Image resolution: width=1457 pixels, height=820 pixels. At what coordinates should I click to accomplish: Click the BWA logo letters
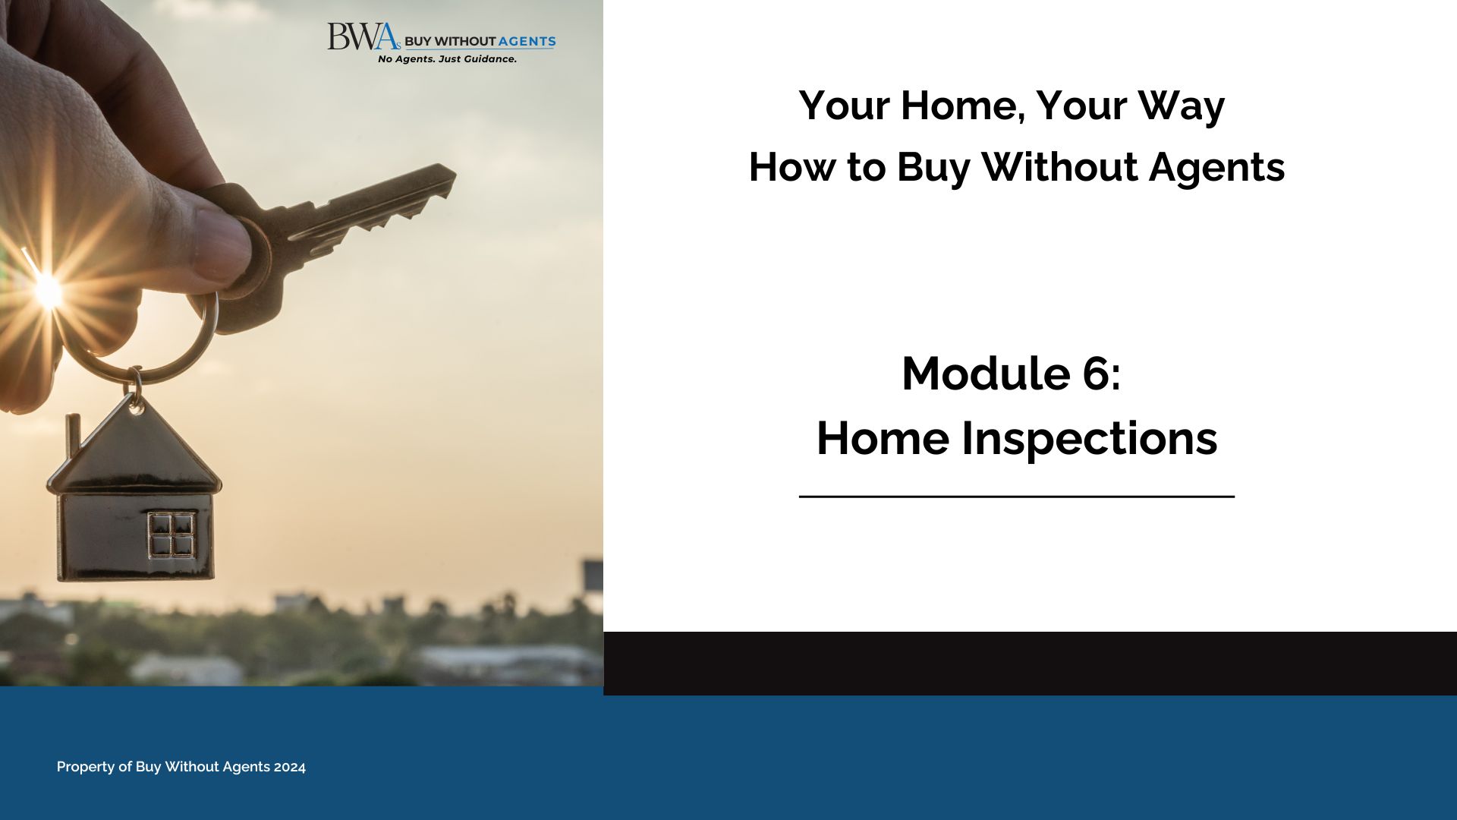(363, 36)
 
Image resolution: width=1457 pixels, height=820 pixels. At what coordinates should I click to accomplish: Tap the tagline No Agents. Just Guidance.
(447, 59)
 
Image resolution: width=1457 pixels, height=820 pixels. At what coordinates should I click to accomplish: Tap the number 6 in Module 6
(1097, 374)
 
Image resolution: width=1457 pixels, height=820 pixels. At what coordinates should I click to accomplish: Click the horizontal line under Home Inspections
(1017, 497)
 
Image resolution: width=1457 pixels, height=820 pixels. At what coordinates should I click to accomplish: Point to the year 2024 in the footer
(290, 767)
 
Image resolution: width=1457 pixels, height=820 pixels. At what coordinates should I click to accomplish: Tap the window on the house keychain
(171, 535)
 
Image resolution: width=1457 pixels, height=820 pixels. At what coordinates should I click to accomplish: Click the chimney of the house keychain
(73, 435)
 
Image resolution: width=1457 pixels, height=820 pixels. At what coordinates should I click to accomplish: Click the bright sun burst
(49, 291)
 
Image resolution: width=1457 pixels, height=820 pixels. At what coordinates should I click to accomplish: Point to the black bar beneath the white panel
(1030, 664)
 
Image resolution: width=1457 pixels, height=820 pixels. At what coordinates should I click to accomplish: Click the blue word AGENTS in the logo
(527, 42)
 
